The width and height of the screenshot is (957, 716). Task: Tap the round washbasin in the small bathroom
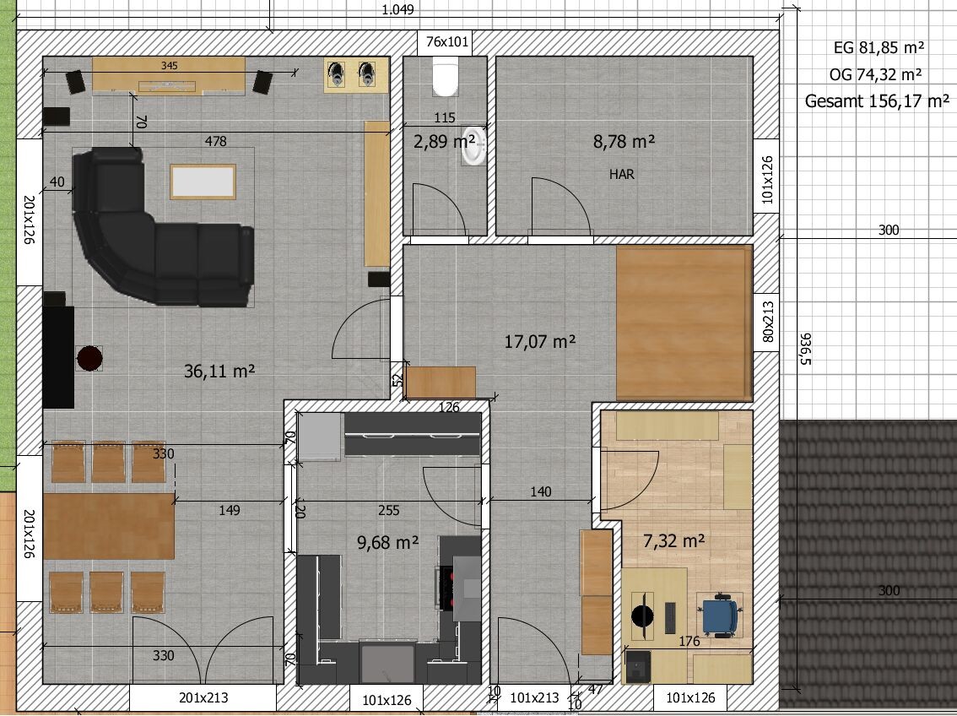[x=473, y=146]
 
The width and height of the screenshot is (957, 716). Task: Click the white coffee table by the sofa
[x=203, y=182]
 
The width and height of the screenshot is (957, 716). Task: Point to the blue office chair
[x=720, y=616]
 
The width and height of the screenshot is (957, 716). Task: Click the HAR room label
[x=622, y=175]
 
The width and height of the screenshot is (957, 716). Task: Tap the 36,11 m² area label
[x=219, y=372]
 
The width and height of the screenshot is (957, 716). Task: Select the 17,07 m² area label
[x=540, y=341]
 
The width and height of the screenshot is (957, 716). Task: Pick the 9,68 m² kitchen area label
[x=387, y=542]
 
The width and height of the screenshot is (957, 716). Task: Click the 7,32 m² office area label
[x=674, y=541]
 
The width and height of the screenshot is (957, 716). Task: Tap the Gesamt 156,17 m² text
[x=877, y=100]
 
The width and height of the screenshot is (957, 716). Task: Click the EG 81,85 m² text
[x=879, y=47]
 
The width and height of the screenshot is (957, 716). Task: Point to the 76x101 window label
[x=447, y=41]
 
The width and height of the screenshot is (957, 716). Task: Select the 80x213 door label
[x=768, y=322]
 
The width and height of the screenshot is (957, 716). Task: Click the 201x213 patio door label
[x=204, y=697]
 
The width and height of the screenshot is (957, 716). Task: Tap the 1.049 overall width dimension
[x=398, y=10]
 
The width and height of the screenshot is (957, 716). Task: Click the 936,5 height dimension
[x=805, y=349]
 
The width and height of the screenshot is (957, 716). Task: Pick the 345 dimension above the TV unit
[x=170, y=65]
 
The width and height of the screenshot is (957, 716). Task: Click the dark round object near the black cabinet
[x=89, y=358]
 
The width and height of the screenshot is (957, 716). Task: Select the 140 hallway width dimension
[x=541, y=491]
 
